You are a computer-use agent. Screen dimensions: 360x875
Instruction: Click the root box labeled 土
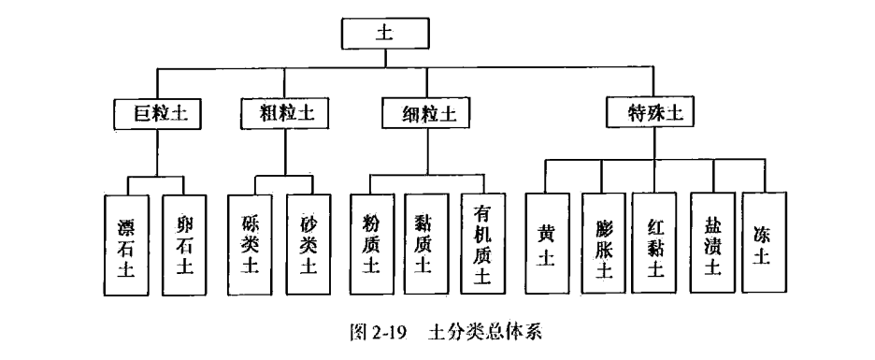tap(384, 33)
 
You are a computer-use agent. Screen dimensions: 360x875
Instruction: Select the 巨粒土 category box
tap(156, 114)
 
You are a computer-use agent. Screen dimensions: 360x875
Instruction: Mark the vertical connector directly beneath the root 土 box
tap(384, 59)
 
